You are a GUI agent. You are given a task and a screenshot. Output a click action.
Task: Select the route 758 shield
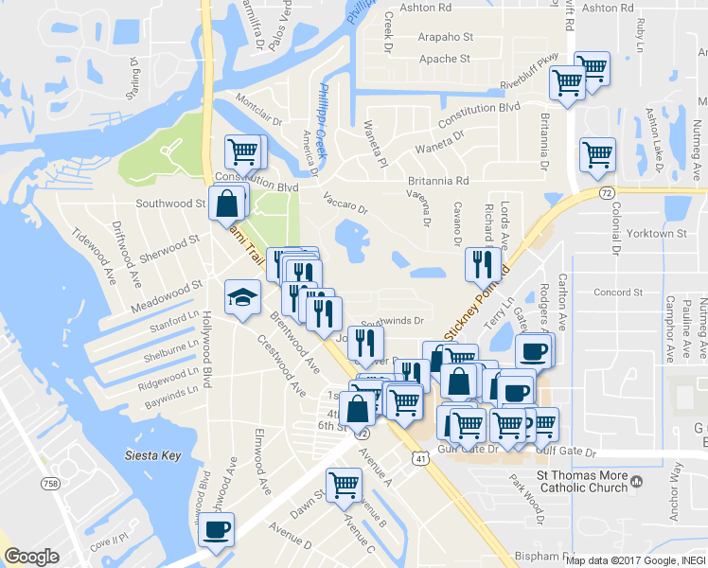[52, 484]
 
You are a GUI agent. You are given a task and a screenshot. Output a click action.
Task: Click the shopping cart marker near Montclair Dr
[243, 151]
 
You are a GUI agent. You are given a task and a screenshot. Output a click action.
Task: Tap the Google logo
[31, 557]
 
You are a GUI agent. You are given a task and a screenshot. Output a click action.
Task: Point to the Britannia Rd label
[438, 181]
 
